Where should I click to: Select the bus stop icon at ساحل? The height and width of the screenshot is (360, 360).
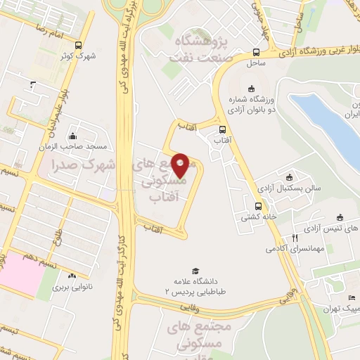tap(255, 52)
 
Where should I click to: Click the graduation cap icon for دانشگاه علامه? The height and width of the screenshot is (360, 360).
tap(195, 271)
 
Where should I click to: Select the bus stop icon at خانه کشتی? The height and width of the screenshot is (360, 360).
tap(258, 206)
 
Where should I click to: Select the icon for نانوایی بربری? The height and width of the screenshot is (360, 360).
tap(72, 276)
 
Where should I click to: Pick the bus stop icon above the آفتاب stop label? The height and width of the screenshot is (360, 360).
tap(222, 129)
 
